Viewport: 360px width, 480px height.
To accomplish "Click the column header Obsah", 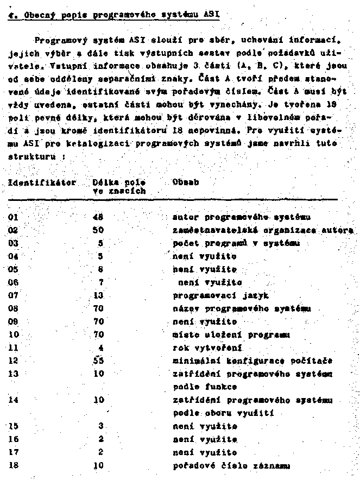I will [185, 182].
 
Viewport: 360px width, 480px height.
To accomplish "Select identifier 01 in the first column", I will [14, 217].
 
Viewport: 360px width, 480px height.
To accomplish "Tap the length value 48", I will [98, 217].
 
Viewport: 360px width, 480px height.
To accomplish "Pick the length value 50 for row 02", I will [98, 230].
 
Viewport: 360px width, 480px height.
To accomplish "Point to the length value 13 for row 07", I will [98, 295].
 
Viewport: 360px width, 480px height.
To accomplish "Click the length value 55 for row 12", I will [98, 361].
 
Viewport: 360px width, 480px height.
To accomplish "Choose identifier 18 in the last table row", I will [14, 465].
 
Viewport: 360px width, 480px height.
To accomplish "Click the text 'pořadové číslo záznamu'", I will [231, 465].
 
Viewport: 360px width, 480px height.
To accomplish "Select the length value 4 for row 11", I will [101, 348].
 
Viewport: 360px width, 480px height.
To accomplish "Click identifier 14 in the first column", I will [14, 400].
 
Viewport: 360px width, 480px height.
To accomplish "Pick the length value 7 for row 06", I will [101, 282].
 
